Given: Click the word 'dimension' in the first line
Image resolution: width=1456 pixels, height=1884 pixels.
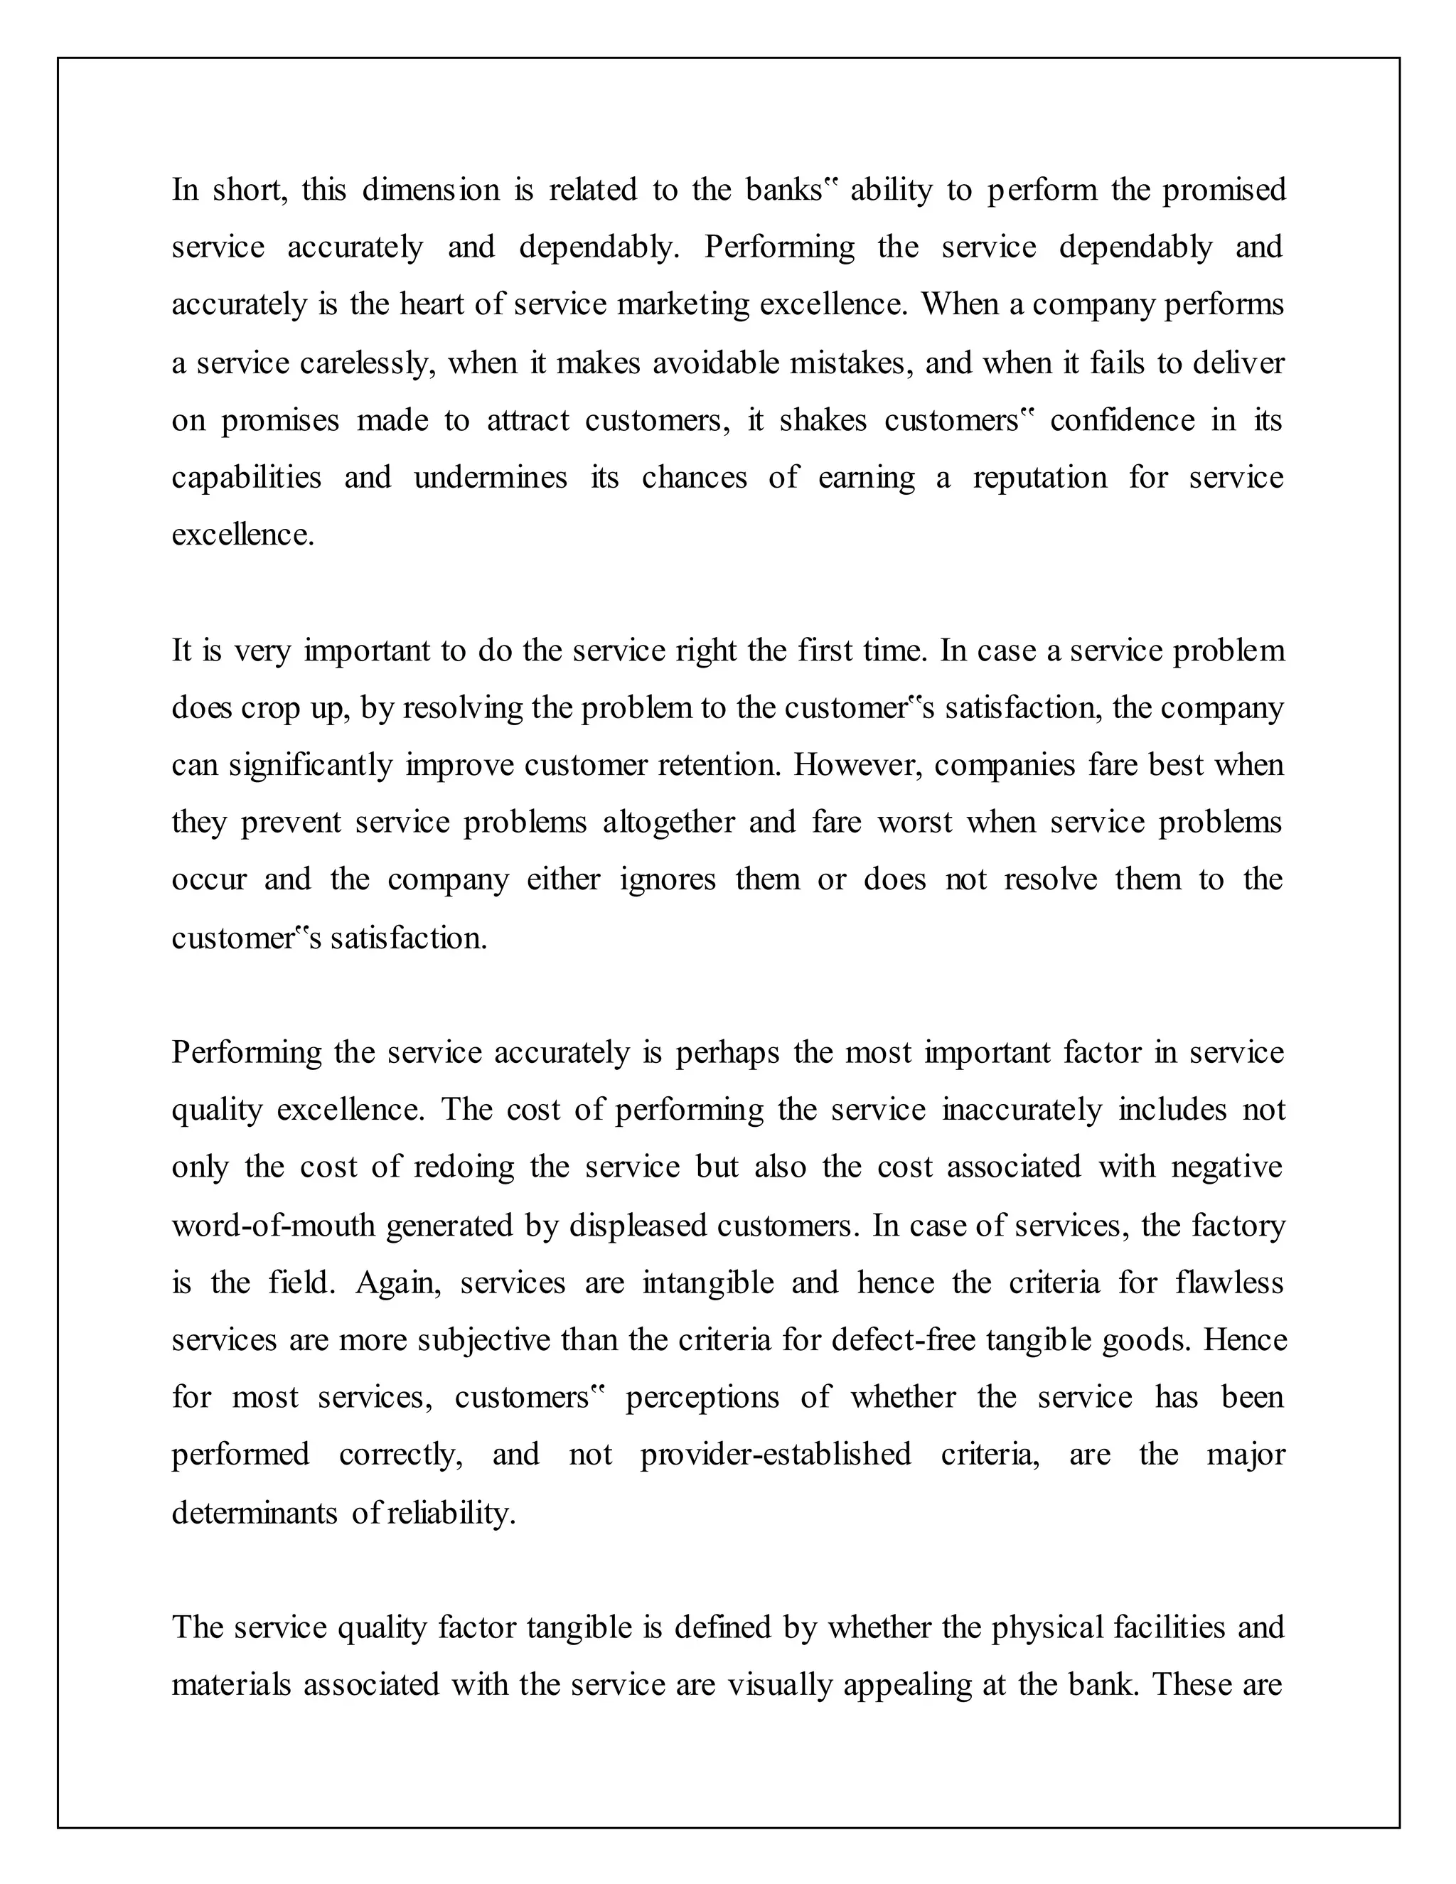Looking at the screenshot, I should click(x=430, y=190).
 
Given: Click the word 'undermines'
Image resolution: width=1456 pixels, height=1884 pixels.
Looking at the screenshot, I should click(x=490, y=477).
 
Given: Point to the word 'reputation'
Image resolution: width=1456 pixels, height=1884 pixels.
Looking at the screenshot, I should click(x=1039, y=477).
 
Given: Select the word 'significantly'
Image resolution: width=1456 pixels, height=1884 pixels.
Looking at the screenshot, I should click(x=311, y=765).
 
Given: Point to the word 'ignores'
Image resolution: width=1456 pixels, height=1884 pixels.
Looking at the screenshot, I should click(x=667, y=880).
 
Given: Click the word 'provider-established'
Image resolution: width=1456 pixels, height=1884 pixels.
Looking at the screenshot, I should click(x=775, y=1455).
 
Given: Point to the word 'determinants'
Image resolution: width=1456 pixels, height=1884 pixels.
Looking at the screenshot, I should click(x=255, y=1513).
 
